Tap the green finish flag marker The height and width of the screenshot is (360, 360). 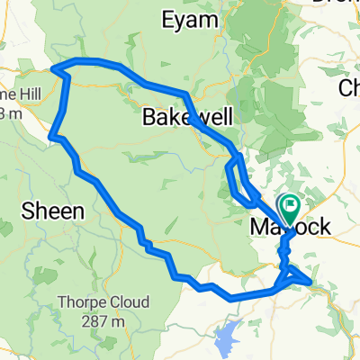(290, 208)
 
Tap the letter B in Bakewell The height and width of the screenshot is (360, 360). (148, 117)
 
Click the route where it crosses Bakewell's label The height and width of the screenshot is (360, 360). (190, 112)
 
